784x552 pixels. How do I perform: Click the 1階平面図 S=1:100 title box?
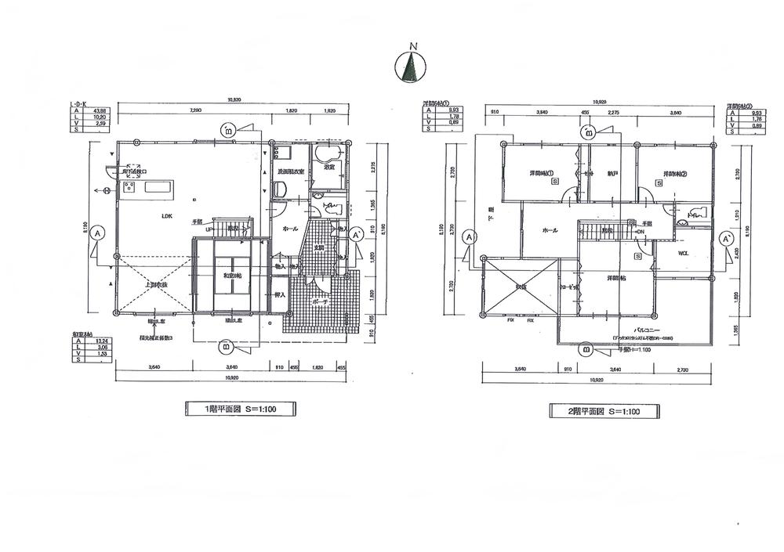(240, 408)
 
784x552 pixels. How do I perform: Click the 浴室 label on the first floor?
(330, 167)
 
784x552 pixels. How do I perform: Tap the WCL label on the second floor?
(682, 252)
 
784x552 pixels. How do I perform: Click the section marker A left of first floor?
(97, 233)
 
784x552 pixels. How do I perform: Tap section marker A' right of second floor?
(727, 237)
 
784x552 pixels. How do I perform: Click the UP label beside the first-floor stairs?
(209, 230)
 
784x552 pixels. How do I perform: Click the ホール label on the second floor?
(550, 231)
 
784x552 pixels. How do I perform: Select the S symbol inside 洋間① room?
(554, 181)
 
